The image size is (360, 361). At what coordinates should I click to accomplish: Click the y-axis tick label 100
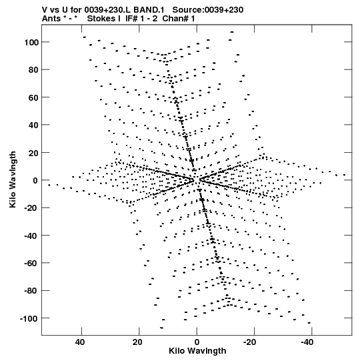[x=31, y=42]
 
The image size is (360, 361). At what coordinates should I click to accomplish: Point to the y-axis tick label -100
[x=29, y=319]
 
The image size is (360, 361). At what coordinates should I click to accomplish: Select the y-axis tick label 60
[x=33, y=97]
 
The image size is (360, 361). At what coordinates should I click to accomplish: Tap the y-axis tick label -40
[x=31, y=236]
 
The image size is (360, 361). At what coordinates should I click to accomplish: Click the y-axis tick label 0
[x=35, y=180]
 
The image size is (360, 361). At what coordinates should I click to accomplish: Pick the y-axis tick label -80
[x=31, y=291]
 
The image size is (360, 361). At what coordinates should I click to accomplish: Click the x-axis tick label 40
[x=79, y=342]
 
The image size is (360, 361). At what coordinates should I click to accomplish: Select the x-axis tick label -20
[x=249, y=342]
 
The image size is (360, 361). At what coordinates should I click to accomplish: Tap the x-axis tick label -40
[x=307, y=342]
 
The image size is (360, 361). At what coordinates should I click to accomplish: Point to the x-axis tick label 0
[x=197, y=342]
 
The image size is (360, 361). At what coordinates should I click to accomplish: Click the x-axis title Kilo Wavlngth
[x=197, y=351]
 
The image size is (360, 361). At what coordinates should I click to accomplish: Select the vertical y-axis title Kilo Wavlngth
[x=13, y=179]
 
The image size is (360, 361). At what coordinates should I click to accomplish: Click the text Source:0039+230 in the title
[x=208, y=10]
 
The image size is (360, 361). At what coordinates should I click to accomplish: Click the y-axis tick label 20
[x=33, y=153]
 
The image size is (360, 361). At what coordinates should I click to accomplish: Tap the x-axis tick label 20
[x=137, y=342]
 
